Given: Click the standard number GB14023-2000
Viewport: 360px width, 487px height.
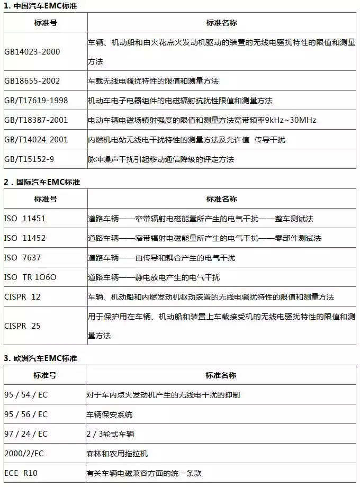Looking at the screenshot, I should [x=32, y=51].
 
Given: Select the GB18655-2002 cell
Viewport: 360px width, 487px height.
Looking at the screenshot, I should [x=32, y=81].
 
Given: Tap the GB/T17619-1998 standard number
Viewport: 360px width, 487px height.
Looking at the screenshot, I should [x=36, y=101].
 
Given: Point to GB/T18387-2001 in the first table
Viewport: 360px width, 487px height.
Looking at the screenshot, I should [x=36, y=120].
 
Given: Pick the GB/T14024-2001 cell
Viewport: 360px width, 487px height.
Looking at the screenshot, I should [x=36, y=140].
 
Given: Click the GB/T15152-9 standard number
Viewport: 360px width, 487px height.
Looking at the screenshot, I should [x=29, y=159].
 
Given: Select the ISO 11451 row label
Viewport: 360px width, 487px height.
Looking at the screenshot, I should [x=25, y=218].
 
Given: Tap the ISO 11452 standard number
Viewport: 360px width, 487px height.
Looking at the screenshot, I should [x=25, y=238].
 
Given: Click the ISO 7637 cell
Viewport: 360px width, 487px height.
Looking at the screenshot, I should [x=22, y=257].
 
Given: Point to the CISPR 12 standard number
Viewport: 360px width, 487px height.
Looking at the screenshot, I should [x=22, y=296].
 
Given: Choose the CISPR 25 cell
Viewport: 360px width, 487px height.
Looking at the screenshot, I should [x=22, y=326].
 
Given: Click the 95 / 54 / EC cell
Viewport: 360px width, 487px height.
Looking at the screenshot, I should [x=25, y=394].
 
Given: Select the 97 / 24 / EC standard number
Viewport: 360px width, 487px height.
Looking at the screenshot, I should [x=25, y=434].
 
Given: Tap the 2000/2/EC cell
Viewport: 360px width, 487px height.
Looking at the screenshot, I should [x=24, y=453].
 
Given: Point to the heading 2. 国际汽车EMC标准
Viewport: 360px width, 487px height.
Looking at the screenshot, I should [x=42, y=182].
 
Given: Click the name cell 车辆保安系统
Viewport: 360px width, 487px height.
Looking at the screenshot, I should [x=110, y=414].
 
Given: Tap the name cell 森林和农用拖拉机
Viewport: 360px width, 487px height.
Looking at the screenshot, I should [x=117, y=453].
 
